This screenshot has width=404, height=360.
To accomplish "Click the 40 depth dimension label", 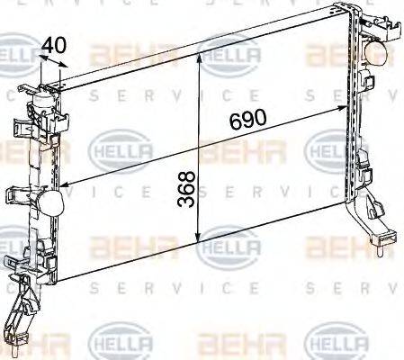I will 54,43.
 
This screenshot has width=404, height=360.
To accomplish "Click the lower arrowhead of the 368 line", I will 198,241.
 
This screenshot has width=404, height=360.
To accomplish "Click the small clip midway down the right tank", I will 364,166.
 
